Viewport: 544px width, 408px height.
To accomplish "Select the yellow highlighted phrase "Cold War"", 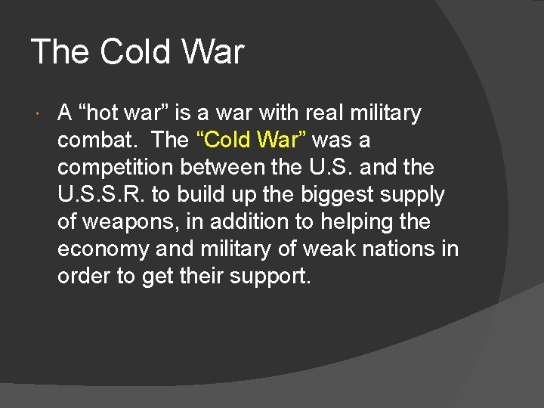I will coord(252,141).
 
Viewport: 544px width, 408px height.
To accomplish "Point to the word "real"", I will coord(326,113).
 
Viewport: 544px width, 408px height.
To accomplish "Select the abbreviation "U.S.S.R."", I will coord(100,195).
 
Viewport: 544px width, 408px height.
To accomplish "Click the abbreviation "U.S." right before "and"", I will coord(329,168).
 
